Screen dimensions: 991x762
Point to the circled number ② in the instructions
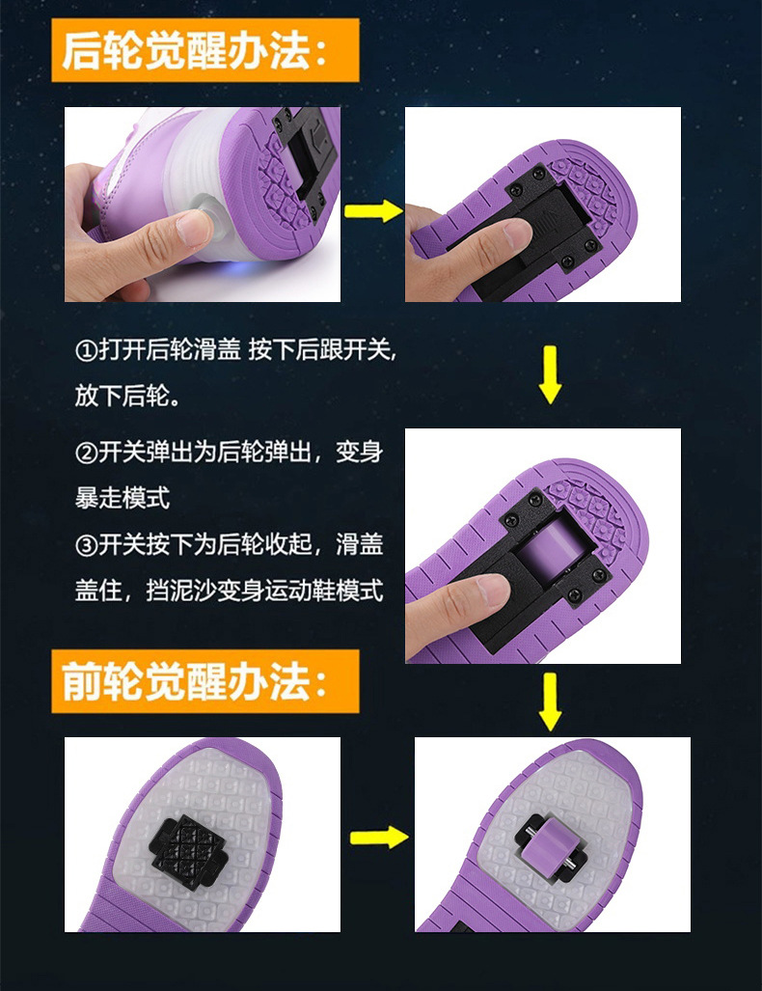pyautogui.click(x=86, y=452)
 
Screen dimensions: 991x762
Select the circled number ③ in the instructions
pyautogui.click(x=86, y=544)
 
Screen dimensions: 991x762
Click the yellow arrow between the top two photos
pyautogui.click(x=372, y=210)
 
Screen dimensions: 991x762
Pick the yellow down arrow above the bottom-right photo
pyautogui.click(x=549, y=702)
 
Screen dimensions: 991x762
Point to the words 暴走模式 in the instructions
pyautogui.click(x=122, y=498)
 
